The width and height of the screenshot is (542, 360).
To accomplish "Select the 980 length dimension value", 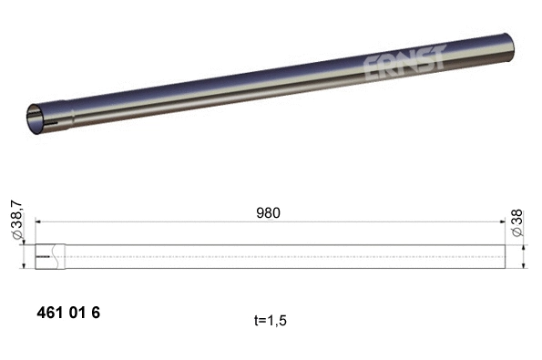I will pyautogui.click(x=267, y=212).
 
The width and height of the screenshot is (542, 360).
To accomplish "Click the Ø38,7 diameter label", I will pyautogui.click(x=15, y=220).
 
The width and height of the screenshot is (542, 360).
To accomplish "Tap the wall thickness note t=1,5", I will pyautogui.click(x=274, y=321).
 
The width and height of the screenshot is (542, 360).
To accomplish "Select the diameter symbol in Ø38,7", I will pyautogui.click(x=15, y=240).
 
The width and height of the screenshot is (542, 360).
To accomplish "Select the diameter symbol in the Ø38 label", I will pyautogui.click(x=516, y=234).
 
